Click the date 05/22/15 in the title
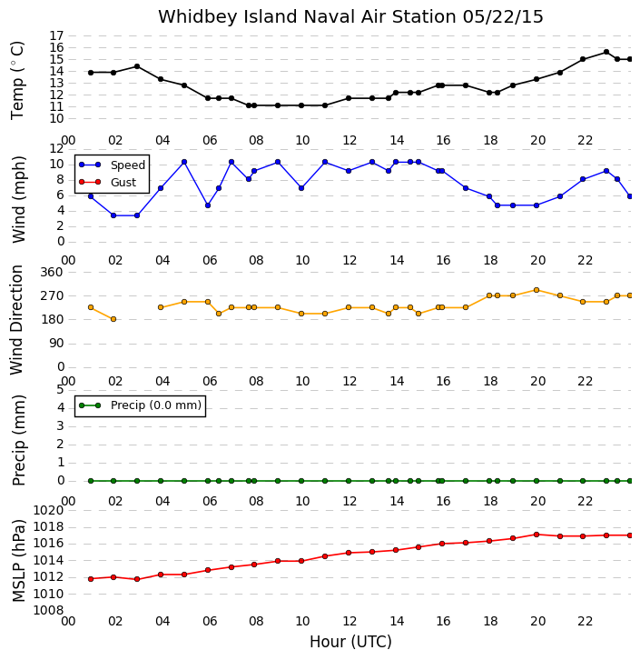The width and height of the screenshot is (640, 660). (503, 17)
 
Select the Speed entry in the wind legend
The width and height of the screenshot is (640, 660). (112, 165)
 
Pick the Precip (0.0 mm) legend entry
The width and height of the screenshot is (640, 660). (141, 405)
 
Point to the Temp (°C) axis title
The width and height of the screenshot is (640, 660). (17, 80)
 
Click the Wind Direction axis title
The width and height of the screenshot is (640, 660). (16, 319)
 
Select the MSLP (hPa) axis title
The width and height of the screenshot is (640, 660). (18, 561)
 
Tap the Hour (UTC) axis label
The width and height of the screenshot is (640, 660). (350, 642)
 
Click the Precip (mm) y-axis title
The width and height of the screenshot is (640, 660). (18, 440)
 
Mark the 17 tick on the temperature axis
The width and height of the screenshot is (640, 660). (56, 35)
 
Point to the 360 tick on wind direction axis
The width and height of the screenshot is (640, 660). (52, 273)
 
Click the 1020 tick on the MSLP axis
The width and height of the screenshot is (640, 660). (48, 511)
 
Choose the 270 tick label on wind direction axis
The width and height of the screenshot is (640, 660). (52, 295)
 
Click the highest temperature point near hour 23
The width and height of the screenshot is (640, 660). (606, 52)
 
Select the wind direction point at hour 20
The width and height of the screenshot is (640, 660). (537, 290)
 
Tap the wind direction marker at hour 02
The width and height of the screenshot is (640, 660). (113, 319)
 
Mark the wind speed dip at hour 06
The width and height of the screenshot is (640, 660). (208, 205)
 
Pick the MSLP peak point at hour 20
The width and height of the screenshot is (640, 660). (537, 535)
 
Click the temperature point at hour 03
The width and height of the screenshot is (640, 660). (137, 66)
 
